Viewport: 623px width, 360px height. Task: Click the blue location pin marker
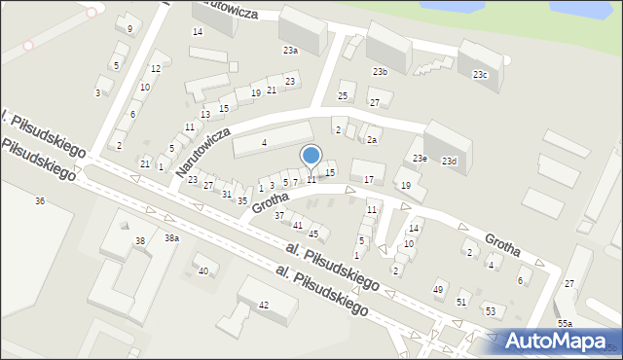[x=311, y=156]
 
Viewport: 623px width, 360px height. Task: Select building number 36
[x=40, y=200]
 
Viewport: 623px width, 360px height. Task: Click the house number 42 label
[x=263, y=305]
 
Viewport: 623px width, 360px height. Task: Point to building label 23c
[x=480, y=74]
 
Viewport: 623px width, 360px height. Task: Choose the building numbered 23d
[x=448, y=161]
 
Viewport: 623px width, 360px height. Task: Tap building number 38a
[x=171, y=237]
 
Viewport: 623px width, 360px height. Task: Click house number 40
[x=202, y=270]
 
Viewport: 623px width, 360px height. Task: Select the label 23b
[x=380, y=71]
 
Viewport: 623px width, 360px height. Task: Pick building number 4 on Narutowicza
[x=264, y=143]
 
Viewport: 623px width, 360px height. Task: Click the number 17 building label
[x=368, y=179]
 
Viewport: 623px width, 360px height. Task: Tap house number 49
[x=438, y=290]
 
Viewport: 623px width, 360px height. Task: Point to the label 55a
[x=565, y=323]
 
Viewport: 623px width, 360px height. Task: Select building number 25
[x=342, y=95]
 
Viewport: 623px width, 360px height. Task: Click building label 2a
[x=372, y=140]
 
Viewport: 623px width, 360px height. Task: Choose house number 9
[x=129, y=28]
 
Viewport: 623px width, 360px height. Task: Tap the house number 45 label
[x=313, y=234]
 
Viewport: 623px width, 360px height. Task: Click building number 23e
[x=419, y=158]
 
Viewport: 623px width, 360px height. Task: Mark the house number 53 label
[x=491, y=311]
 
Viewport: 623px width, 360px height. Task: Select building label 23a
[x=290, y=50]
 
